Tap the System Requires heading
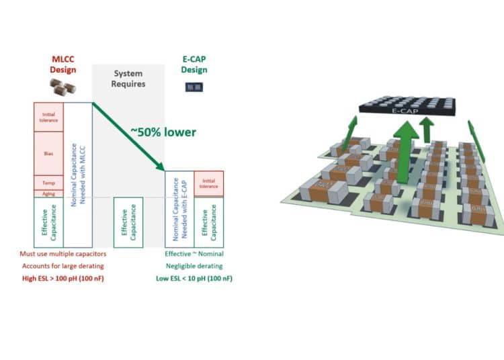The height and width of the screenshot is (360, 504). (x=128, y=79)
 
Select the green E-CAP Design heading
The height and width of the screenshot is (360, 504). (x=194, y=64)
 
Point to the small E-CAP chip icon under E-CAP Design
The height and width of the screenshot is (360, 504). (x=194, y=87)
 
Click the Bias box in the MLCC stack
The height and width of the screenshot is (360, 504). (x=49, y=153)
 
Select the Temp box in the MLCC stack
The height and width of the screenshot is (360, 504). (x=49, y=183)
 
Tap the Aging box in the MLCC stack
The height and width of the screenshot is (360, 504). (x=49, y=193)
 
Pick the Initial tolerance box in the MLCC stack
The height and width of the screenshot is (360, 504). (x=49, y=118)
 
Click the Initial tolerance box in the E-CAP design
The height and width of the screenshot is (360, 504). (x=208, y=183)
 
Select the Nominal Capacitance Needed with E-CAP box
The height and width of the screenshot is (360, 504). (x=179, y=208)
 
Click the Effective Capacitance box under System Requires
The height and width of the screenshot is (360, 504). (x=128, y=222)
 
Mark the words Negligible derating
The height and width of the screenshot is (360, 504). (x=194, y=265)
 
